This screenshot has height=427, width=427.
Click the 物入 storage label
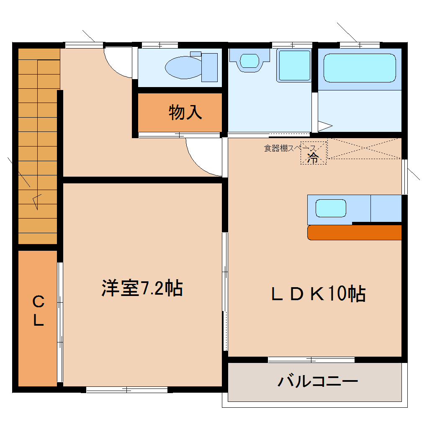click(185, 112)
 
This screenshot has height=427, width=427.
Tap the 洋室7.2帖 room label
click(142, 288)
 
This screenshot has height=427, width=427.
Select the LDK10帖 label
click(318, 294)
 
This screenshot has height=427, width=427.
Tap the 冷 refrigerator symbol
click(313, 158)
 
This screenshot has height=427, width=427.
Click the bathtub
click(360, 68)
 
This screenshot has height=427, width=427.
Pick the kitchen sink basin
click(331, 208)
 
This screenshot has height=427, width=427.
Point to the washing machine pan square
click(295, 65)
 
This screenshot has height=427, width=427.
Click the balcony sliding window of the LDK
click(311, 359)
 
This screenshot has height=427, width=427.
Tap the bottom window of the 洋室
click(127, 389)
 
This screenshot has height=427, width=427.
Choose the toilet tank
click(209, 67)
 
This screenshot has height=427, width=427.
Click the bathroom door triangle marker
click(325, 125)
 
